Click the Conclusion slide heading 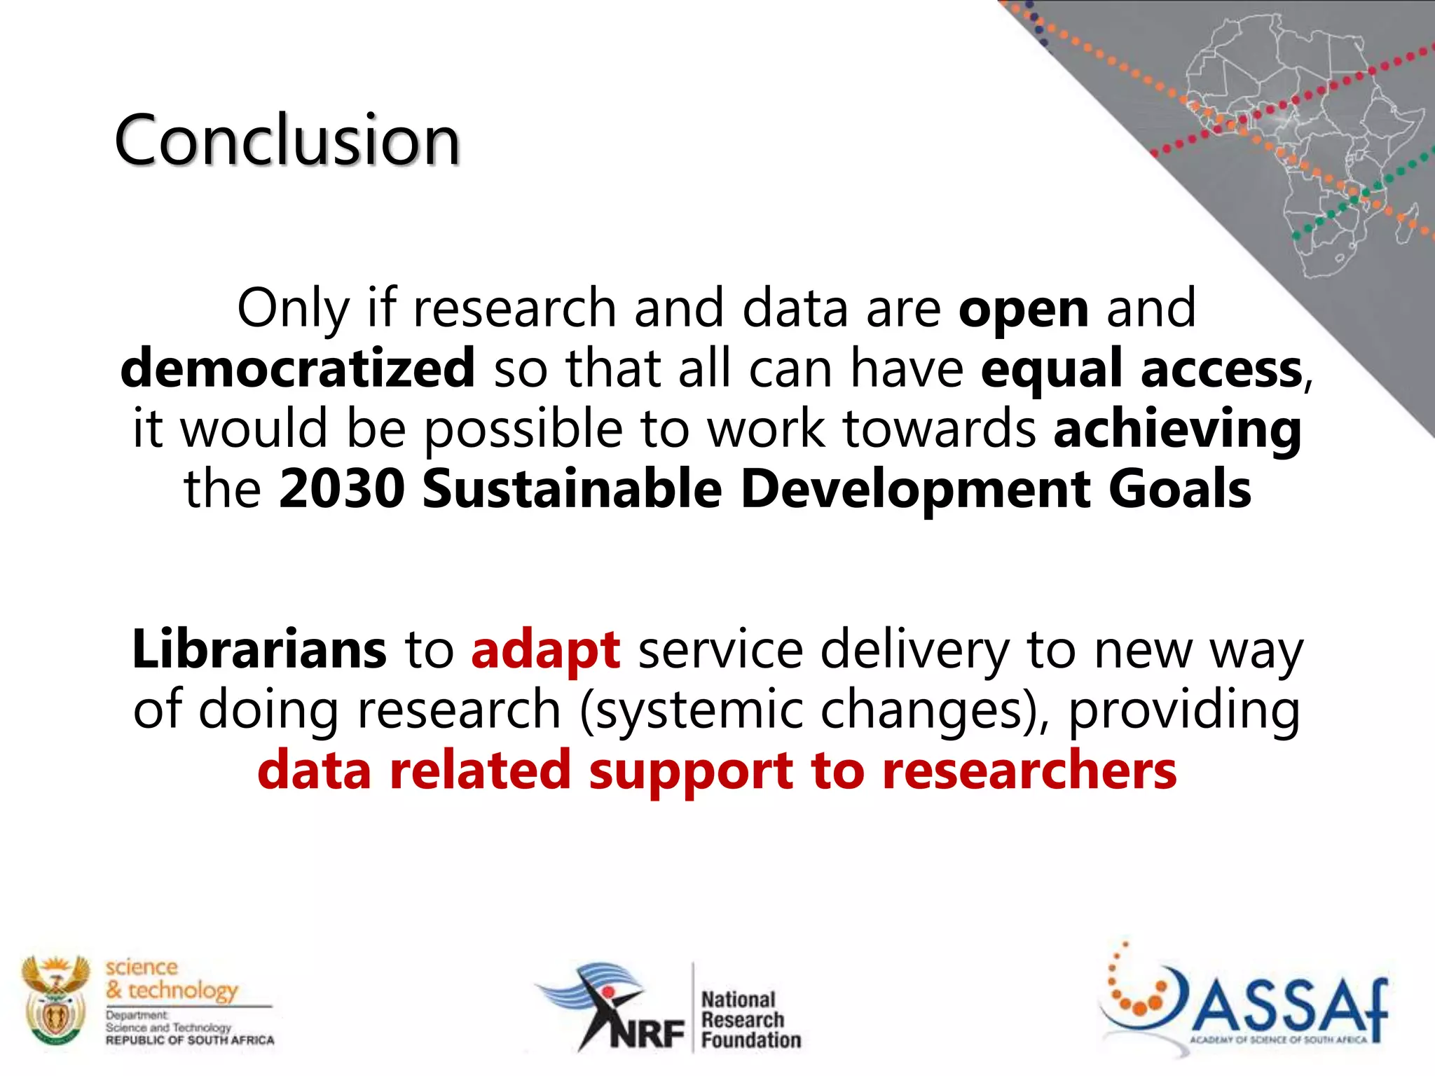tap(287, 140)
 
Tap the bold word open tap(1023, 309)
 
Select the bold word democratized tap(298, 369)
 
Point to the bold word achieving tap(1177, 429)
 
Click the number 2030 tap(342, 489)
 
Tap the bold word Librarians tap(259, 649)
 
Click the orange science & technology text tap(172, 979)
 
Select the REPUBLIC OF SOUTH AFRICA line tap(190, 1040)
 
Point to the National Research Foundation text tap(750, 1019)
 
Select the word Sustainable tap(572, 489)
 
